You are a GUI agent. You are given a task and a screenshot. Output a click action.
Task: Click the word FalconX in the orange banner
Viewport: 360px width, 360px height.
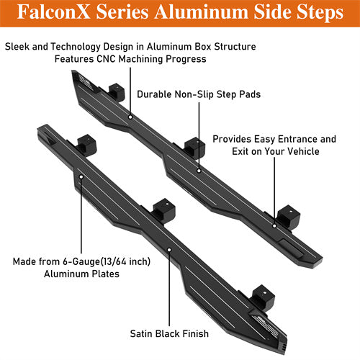tap(54, 12)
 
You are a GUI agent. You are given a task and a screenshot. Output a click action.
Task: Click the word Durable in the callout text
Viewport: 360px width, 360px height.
tap(154, 94)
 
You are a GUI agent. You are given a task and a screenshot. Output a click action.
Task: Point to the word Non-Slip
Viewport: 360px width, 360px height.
tap(194, 94)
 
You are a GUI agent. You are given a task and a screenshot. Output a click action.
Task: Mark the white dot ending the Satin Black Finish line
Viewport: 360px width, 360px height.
tap(169, 250)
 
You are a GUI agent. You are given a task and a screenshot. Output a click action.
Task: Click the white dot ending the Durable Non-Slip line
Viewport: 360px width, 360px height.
tap(199, 171)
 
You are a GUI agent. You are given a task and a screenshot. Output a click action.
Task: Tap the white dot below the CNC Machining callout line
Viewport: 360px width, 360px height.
tap(130, 117)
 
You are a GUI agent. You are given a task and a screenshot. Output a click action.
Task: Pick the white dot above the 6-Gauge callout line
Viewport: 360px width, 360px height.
tap(81, 177)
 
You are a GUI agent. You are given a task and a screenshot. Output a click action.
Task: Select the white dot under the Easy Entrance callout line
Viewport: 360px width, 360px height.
tap(274, 226)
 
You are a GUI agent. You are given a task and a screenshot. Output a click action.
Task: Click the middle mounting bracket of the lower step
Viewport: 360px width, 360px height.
tap(164, 210)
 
